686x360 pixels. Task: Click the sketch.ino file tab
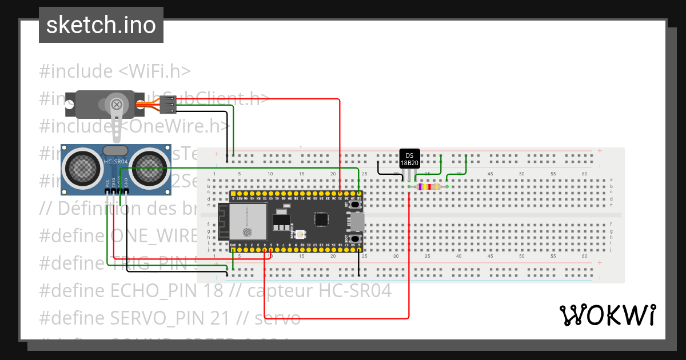click(101, 25)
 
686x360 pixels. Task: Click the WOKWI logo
click(607, 315)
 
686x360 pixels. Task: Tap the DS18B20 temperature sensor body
click(409, 159)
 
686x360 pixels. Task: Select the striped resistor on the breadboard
click(428, 187)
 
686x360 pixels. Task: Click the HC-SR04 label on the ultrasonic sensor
click(116, 162)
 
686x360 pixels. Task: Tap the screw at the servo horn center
click(117, 105)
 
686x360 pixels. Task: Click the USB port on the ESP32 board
click(358, 221)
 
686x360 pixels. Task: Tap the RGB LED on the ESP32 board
click(301, 234)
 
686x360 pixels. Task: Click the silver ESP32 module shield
click(248, 222)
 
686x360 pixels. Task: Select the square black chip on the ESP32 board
click(321, 219)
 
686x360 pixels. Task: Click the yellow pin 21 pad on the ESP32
click(340, 194)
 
